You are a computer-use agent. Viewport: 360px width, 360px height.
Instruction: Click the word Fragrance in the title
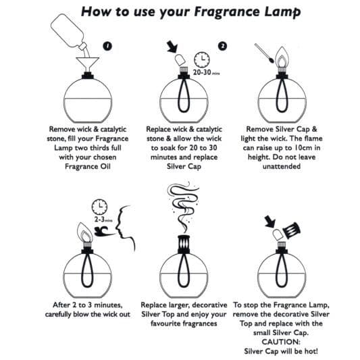[x=228, y=12]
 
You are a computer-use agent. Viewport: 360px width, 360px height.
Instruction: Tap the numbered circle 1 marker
[x=107, y=46]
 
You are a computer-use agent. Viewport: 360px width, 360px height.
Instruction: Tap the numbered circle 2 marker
[x=222, y=46]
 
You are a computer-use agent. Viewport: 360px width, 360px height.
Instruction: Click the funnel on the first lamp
[x=88, y=65]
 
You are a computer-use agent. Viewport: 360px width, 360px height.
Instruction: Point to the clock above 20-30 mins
[x=202, y=59]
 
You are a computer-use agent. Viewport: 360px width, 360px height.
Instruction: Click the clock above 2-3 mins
[x=99, y=207]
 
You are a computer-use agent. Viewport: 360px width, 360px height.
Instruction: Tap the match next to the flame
[x=264, y=53]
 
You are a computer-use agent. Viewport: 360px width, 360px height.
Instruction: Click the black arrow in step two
[x=172, y=47]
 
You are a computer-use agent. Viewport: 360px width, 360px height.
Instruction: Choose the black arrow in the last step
[x=269, y=222]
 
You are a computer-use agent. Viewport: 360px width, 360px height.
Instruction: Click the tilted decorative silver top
[x=291, y=230]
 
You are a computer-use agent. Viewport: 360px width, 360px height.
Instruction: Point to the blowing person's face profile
[x=125, y=228]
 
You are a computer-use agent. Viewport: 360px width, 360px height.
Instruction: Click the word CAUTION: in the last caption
[x=281, y=342]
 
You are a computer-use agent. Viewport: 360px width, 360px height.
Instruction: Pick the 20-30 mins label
[x=206, y=72]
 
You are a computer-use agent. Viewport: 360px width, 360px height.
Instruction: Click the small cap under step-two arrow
[x=180, y=60]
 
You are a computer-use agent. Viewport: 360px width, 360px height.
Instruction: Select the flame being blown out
[x=84, y=232]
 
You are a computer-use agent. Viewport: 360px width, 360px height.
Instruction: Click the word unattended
[x=282, y=166]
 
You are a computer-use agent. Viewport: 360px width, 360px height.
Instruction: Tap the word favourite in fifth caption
[x=164, y=324]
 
